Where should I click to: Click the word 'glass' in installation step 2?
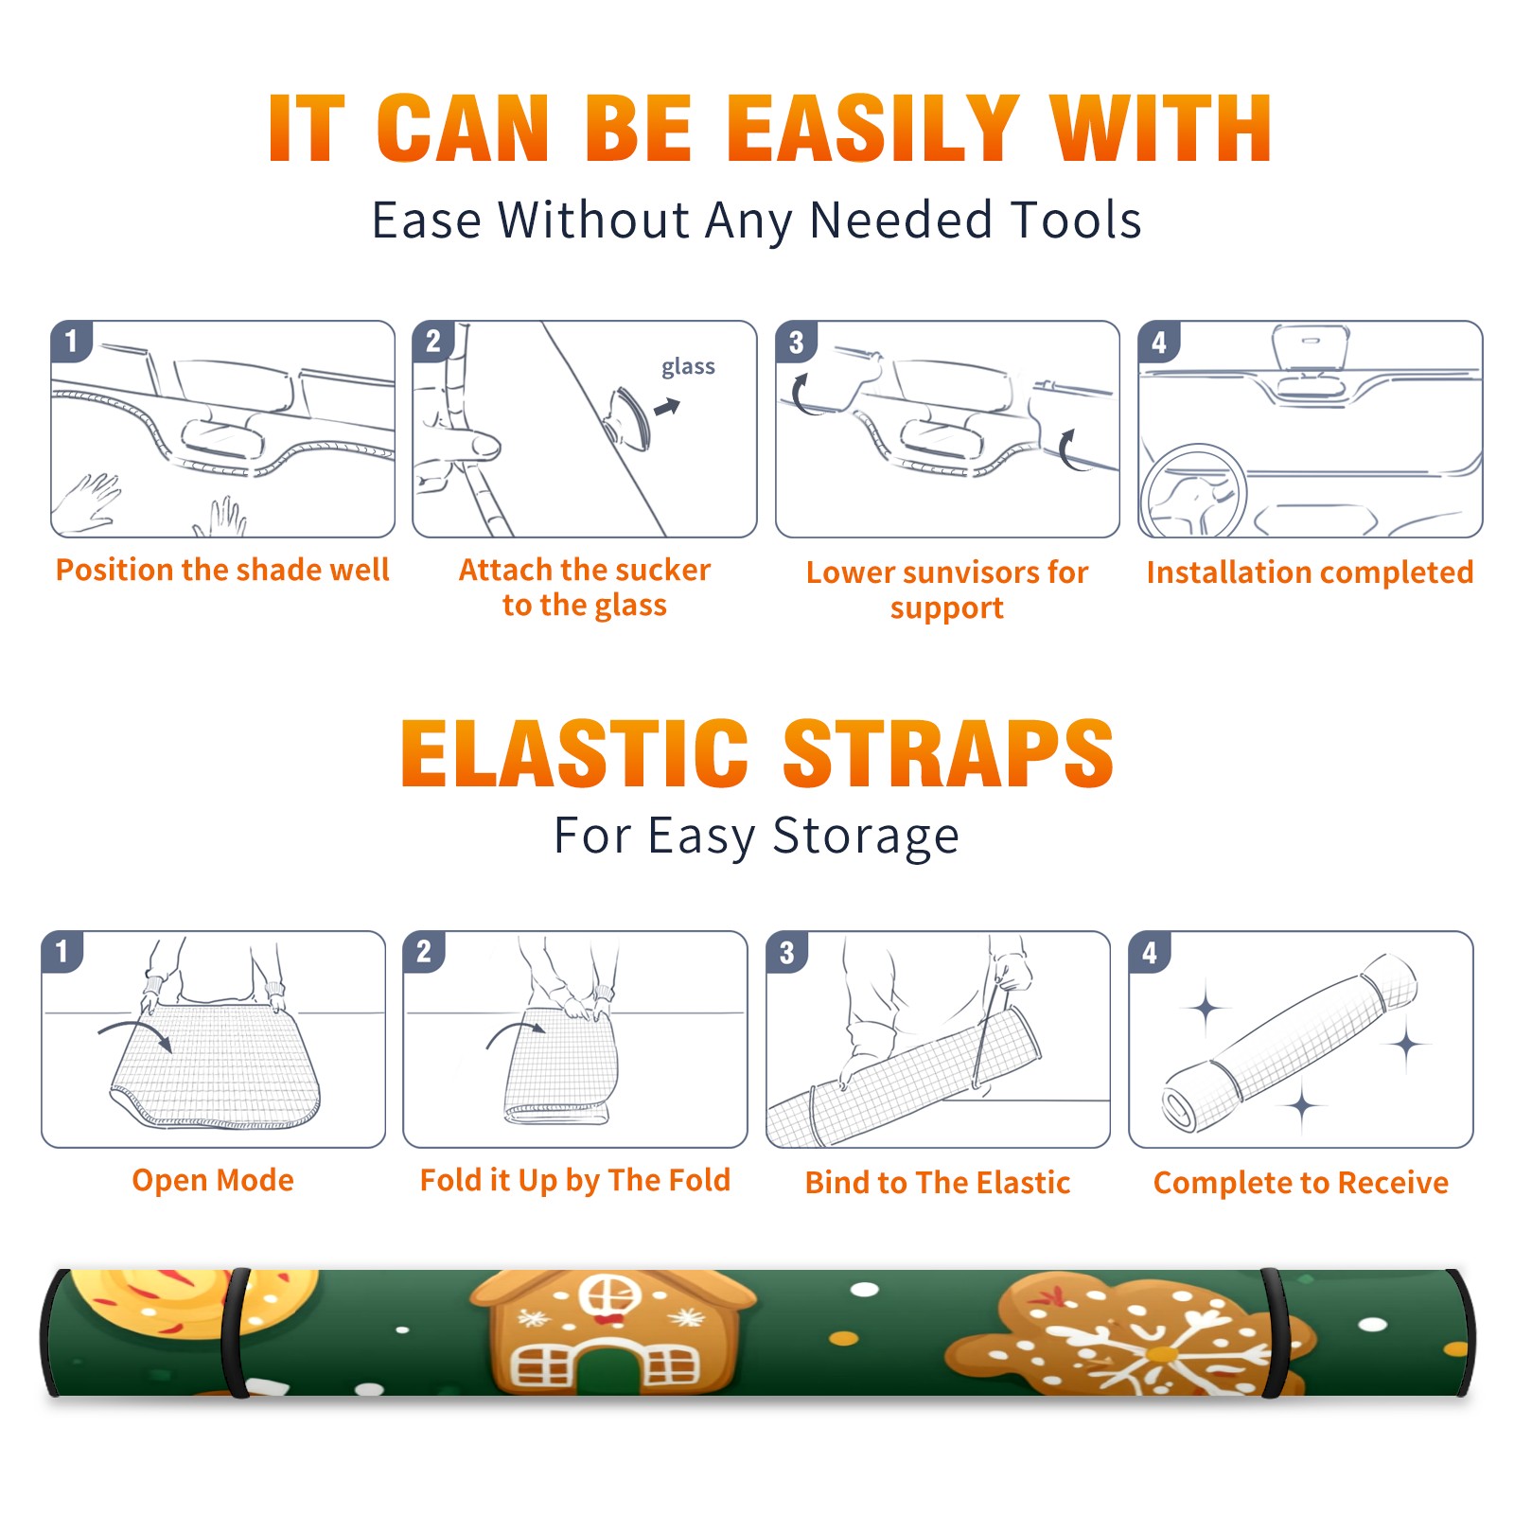point(688,367)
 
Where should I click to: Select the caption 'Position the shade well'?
point(222,570)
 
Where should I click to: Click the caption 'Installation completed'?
point(1310,572)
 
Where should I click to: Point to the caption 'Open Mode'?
point(213,1180)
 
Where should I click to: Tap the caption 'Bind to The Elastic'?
point(938,1183)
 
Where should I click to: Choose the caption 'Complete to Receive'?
point(1301,1183)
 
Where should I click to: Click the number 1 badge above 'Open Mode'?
point(62,951)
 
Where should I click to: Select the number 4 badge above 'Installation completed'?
point(1159,342)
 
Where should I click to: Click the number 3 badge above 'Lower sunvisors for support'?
point(796,342)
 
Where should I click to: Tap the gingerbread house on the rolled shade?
point(611,1332)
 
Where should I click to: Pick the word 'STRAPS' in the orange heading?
point(948,753)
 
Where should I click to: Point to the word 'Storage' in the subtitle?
point(866,836)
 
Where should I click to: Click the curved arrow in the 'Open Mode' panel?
point(135,1033)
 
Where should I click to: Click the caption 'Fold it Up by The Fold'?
point(575,1180)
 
